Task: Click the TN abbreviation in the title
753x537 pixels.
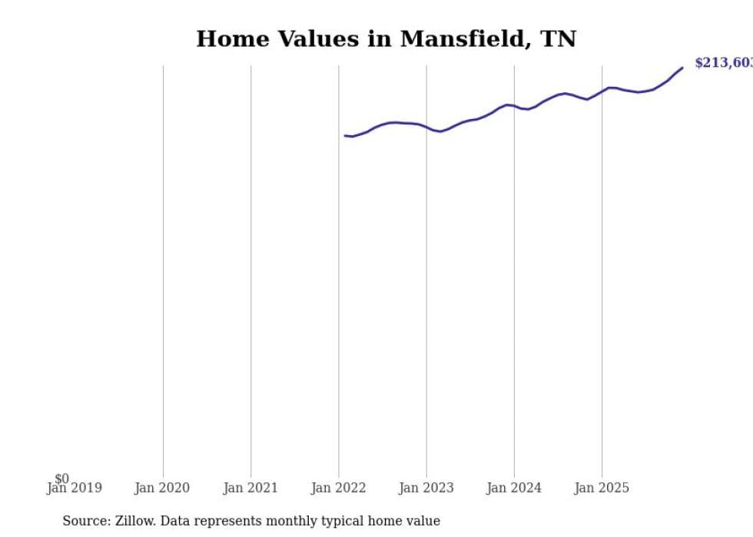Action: (560, 39)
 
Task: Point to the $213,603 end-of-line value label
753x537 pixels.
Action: (723, 63)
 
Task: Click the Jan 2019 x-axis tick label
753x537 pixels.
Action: (74, 488)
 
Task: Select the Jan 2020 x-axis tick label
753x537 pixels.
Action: (162, 488)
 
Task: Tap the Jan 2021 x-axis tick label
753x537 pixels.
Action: (250, 488)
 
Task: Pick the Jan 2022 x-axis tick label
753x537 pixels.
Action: (339, 488)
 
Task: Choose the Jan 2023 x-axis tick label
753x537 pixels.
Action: (426, 488)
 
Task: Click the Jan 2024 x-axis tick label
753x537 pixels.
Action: (514, 488)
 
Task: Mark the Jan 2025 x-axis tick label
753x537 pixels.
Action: (602, 488)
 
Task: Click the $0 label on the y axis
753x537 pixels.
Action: (61, 479)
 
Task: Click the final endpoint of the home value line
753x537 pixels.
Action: (682, 68)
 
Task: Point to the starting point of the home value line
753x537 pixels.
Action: (346, 135)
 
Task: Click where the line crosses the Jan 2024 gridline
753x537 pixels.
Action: (514, 106)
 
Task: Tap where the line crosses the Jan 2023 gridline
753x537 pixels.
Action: (426, 128)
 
